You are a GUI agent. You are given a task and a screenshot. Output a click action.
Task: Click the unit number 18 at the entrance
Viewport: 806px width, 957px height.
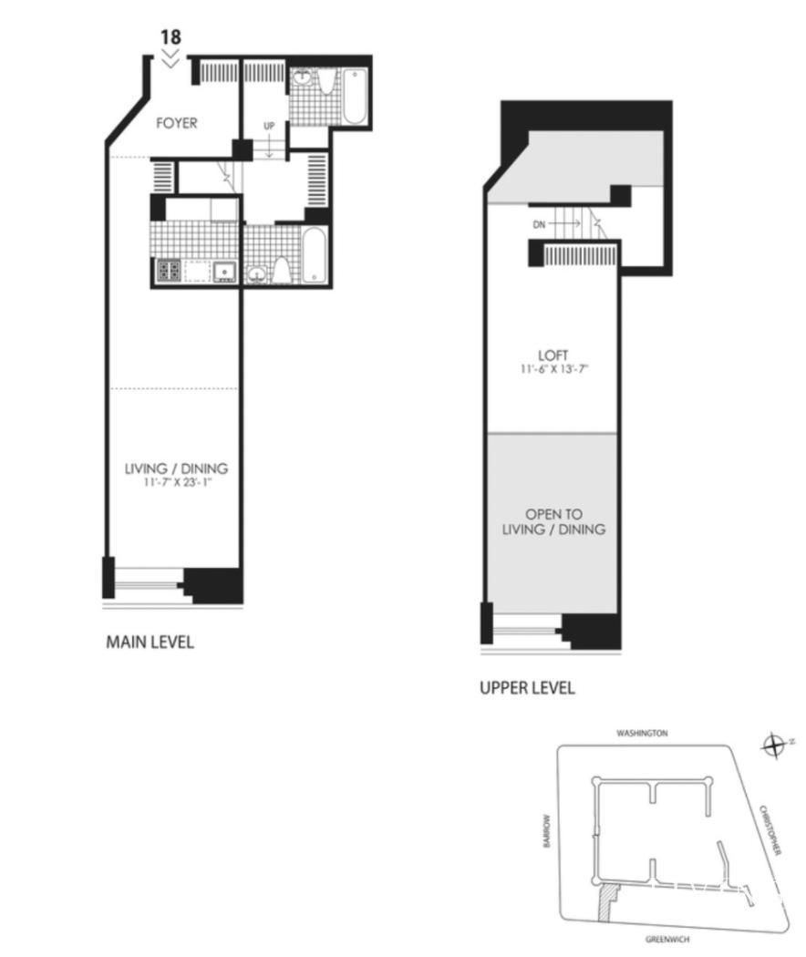tap(171, 36)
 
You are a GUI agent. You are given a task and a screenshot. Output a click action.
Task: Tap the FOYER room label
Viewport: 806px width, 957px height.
tap(177, 123)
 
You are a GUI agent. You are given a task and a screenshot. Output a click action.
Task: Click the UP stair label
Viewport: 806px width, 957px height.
tap(269, 126)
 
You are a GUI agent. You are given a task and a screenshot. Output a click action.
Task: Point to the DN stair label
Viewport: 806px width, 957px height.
tap(539, 224)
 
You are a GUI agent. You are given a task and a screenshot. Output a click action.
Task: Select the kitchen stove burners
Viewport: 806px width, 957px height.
tap(170, 271)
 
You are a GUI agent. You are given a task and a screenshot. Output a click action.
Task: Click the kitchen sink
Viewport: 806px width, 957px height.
tap(224, 271)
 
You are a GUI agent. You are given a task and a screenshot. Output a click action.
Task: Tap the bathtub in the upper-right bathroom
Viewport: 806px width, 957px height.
tap(355, 97)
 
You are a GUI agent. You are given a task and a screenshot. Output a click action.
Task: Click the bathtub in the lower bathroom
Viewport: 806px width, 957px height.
tap(315, 255)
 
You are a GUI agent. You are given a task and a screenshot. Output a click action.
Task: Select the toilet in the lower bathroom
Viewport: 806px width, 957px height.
tap(281, 271)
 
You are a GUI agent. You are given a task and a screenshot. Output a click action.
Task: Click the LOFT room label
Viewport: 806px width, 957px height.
tap(553, 355)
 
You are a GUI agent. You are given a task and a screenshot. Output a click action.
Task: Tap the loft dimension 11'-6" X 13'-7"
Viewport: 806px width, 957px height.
tap(553, 369)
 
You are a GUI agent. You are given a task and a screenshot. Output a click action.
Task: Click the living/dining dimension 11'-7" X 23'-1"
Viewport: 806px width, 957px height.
tap(177, 483)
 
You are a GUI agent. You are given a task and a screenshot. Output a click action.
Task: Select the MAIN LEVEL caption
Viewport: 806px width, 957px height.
tap(150, 642)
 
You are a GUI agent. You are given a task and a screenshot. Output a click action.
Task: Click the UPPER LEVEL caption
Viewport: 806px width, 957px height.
tap(527, 688)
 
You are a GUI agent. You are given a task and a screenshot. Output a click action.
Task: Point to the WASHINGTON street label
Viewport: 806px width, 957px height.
tap(642, 733)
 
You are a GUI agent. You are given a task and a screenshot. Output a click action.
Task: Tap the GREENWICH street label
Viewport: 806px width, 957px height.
tap(667, 940)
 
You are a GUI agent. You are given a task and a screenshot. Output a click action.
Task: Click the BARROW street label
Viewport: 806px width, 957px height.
tap(546, 830)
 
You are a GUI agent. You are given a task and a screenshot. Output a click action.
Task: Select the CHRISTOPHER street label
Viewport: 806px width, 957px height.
tap(770, 830)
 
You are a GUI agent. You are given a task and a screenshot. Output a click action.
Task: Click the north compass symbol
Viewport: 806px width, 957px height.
tap(774, 746)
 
